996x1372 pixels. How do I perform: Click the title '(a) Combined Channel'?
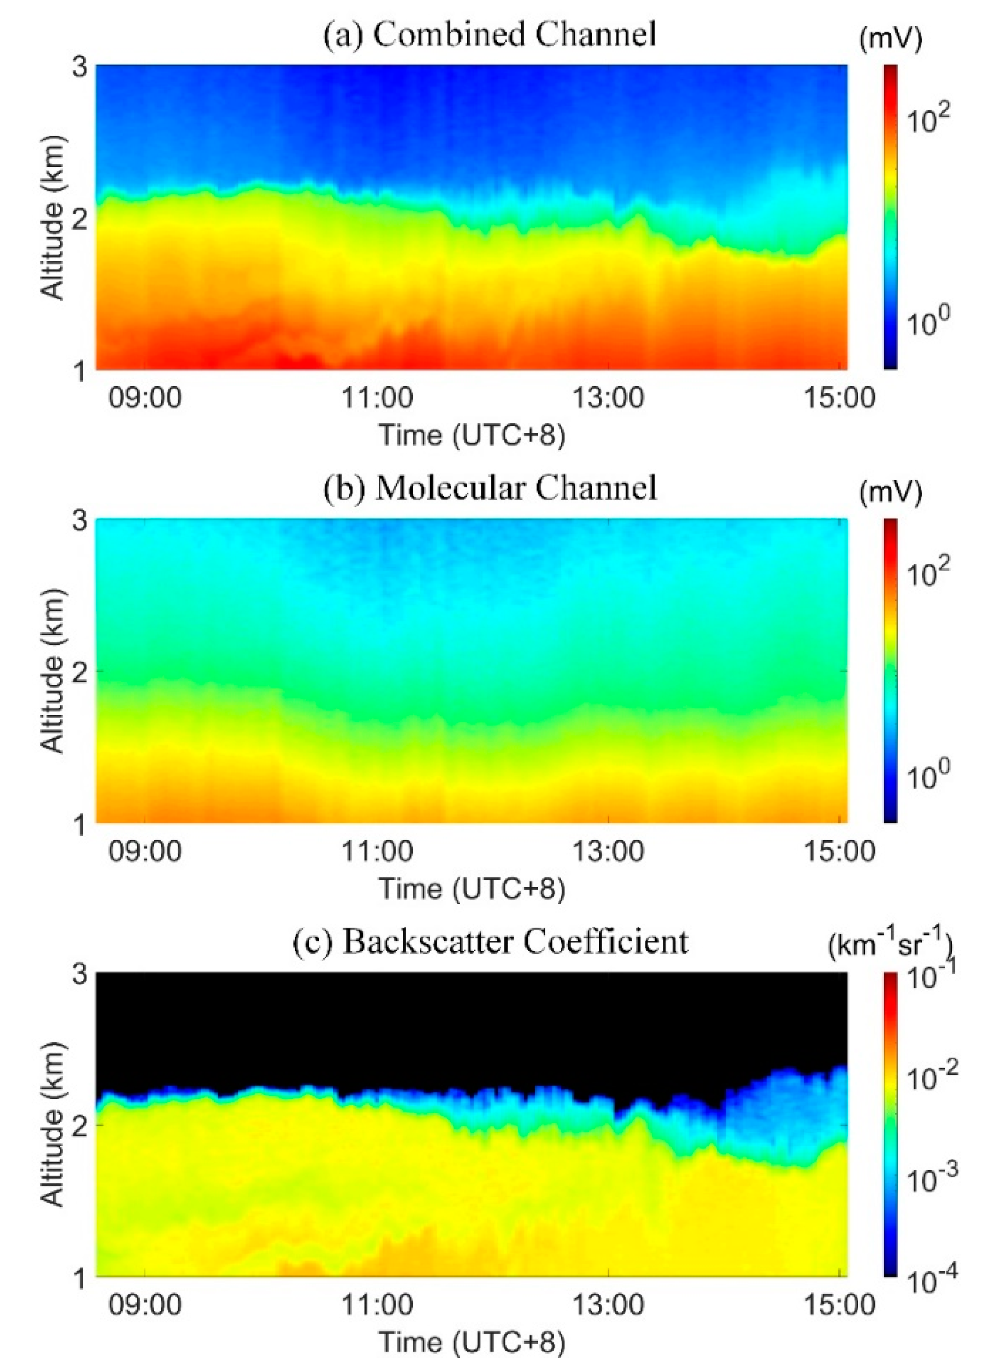coord(490,34)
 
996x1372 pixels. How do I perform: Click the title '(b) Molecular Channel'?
coord(490,488)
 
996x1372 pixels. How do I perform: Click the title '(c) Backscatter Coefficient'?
coord(490,941)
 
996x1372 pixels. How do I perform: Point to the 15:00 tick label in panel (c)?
coord(838,1305)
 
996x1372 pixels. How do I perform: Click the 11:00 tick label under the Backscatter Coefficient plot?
coord(376,1305)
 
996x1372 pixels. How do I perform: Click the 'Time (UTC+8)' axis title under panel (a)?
coord(472,435)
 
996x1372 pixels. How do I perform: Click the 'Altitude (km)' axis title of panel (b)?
coord(53,672)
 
